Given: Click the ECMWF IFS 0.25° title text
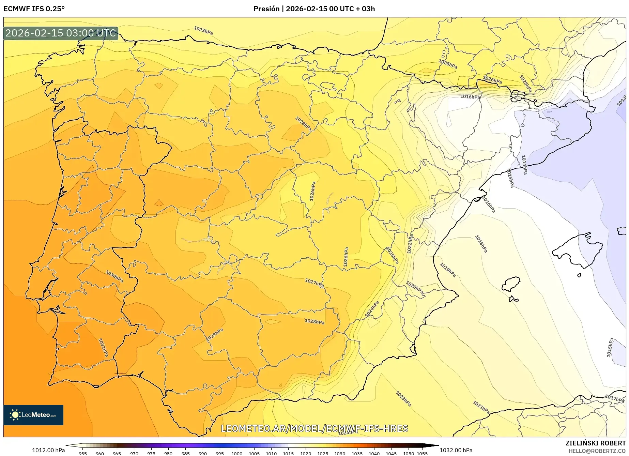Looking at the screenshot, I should [x=34, y=9].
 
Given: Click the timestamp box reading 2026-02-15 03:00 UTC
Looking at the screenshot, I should [x=61, y=33].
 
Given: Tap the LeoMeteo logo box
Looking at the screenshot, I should [x=33, y=415].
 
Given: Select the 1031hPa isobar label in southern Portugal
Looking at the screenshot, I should [x=103, y=348].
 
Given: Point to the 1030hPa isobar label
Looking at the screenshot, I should [x=114, y=276].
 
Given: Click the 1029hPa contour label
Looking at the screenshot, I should [x=215, y=335].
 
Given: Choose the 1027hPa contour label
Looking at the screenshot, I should [x=314, y=283].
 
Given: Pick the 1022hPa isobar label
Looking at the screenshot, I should [x=410, y=244].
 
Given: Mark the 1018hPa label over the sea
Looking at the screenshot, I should [x=481, y=244].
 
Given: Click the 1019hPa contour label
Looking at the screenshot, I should [x=448, y=270].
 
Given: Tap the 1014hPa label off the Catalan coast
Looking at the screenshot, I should [x=524, y=165].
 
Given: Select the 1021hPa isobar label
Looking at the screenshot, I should [x=481, y=407].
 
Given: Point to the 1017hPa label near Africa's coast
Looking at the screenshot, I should [x=614, y=398].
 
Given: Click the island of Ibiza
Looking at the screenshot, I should [x=511, y=284].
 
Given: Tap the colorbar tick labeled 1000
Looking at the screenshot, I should [x=237, y=454].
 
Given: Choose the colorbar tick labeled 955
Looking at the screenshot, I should [x=83, y=454].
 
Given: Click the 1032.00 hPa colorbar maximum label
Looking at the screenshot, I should [x=456, y=450].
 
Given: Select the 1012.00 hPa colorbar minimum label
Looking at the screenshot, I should [x=48, y=450].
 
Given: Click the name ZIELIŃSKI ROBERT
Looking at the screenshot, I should [x=596, y=443].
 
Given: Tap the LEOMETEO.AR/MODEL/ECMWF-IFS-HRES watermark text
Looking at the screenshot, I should [x=314, y=428].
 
